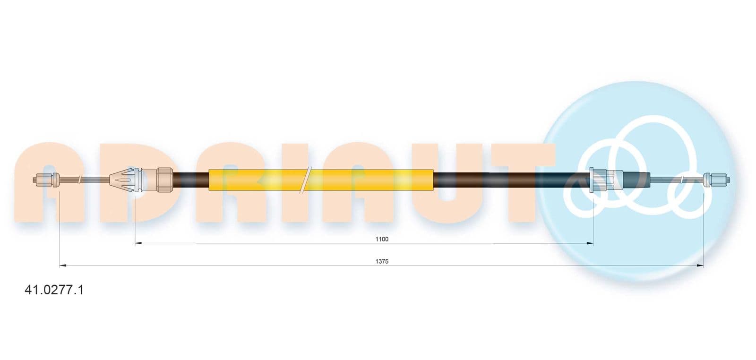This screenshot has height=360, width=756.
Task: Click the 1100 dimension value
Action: pos(382,239)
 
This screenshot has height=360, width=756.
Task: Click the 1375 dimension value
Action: pos(382,261)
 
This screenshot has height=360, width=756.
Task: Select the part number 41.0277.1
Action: pos(54,290)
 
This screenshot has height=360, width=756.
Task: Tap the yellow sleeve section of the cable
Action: pos(321,180)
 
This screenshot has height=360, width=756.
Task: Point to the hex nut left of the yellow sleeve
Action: pos(165,180)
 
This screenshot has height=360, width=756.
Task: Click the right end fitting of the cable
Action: pos(717,180)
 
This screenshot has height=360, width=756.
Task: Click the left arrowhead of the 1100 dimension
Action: pos(137,243)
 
